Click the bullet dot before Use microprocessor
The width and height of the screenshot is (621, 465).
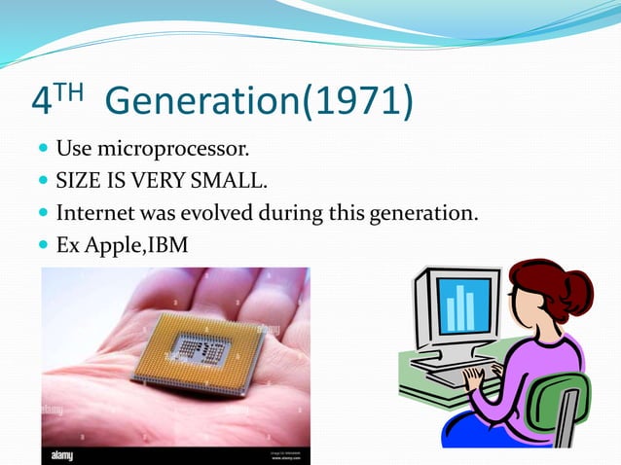point(43,152)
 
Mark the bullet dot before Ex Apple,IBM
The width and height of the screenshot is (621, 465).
point(43,241)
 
